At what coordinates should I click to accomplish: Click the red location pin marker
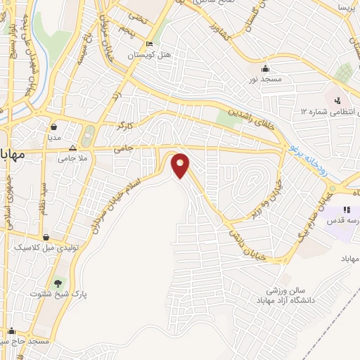coord(181,166)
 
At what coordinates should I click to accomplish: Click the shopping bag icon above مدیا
coord(54,127)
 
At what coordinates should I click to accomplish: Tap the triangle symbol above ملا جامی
coord(73,148)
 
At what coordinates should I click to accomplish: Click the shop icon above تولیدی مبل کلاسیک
coord(46,238)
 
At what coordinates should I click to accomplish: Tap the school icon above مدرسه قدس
coord(346,210)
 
